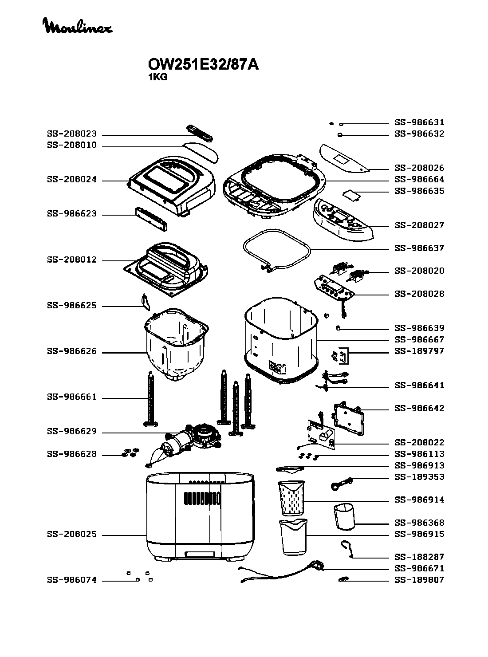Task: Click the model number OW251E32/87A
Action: (x=203, y=65)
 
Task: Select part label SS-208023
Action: (x=71, y=134)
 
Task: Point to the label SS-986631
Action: (x=419, y=122)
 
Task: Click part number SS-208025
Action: (x=71, y=535)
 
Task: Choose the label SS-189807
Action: (x=419, y=580)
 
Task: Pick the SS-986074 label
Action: (x=71, y=580)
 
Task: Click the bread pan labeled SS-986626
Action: (x=176, y=346)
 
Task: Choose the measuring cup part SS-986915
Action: (x=293, y=536)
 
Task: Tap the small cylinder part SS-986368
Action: (x=345, y=516)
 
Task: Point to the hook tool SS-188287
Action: (x=346, y=548)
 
